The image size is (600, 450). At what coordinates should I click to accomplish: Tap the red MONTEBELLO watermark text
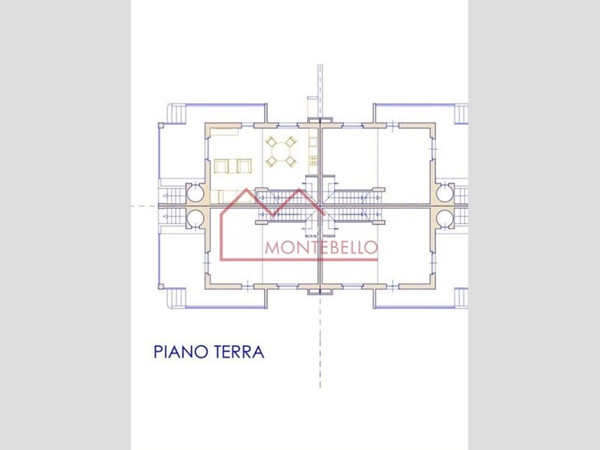[321, 248]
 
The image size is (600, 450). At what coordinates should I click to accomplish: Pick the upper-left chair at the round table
[271, 142]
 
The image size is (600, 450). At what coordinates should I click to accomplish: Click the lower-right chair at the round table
[291, 161]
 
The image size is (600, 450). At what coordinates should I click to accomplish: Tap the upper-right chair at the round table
[291, 142]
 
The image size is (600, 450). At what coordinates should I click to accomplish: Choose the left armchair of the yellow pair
[221, 166]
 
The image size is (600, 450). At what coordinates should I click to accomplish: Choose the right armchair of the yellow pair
[244, 166]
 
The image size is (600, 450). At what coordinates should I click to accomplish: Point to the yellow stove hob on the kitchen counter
[313, 158]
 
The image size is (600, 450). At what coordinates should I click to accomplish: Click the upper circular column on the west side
[196, 193]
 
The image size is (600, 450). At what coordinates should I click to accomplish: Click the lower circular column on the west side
[196, 219]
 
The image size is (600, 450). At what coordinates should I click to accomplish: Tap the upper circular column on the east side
[445, 193]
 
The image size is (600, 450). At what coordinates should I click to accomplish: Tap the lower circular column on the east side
[445, 219]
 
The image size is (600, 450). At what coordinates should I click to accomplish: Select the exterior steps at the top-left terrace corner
[177, 114]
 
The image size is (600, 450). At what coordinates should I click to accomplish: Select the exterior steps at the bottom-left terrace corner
[177, 298]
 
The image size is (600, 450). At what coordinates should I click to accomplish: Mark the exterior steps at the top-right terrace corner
[461, 114]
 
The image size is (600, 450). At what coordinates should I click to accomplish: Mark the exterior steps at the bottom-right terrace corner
[461, 298]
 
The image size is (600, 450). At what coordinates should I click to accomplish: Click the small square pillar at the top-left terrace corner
[161, 125]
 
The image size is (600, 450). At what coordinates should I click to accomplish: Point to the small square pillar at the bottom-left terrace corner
[161, 287]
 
